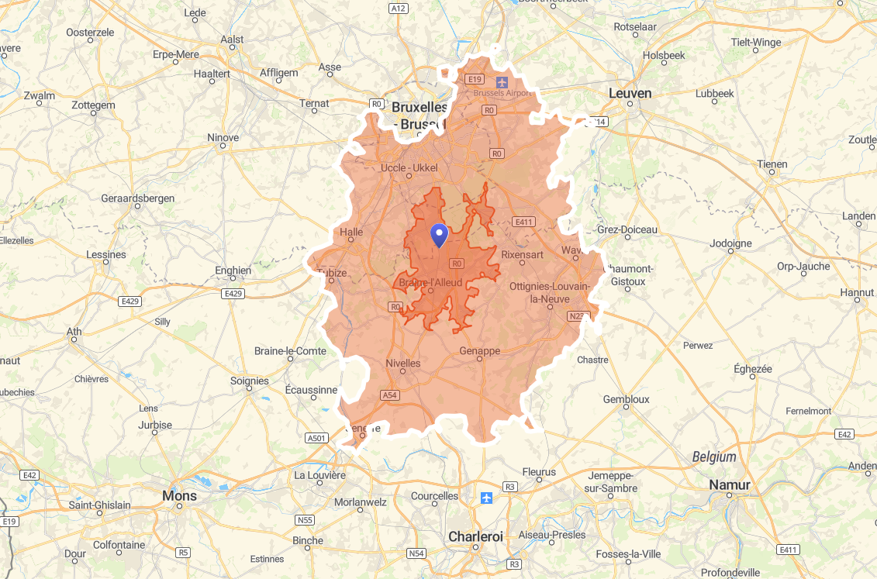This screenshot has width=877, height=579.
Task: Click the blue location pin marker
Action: coord(439,235)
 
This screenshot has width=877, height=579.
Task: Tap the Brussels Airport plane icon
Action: coord(502,80)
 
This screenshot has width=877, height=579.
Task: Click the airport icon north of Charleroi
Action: coord(486,497)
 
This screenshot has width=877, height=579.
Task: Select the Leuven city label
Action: coord(630,93)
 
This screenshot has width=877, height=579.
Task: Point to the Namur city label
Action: coord(730,484)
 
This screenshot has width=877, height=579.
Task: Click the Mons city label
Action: coord(179,495)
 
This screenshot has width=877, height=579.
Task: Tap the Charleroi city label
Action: coord(475,536)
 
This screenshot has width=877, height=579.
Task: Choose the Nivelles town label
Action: coord(402,363)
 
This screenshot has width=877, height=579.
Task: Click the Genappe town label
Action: coord(479,351)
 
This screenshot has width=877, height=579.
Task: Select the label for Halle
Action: coord(351,232)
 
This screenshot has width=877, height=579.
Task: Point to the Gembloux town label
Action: coord(626,399)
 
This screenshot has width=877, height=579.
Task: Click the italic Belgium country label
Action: coord(714,457)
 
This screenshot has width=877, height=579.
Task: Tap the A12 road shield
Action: coord(398,8)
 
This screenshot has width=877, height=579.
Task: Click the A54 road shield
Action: coord(390,395)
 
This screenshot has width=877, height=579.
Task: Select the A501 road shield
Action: coord(316,438)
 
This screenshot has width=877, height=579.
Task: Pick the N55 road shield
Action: coord(306,520)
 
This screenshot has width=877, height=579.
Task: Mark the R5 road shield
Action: coord(183,553)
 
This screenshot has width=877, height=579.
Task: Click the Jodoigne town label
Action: coord(730,243)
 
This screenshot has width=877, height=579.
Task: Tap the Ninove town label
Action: coord(223,138)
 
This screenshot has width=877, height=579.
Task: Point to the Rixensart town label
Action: coord(523,254)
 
